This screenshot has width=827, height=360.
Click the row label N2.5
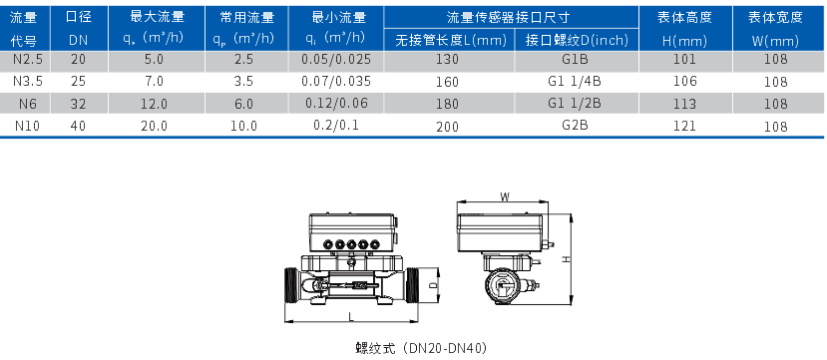[x=24, y=60]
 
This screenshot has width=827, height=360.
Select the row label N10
[x=24, y=126]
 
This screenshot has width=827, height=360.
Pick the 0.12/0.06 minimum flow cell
[x=336, y=104]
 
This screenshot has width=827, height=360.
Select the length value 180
[x=448, y=104]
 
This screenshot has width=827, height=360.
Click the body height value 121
[x=685, y=126]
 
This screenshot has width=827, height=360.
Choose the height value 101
[x=685, y=60]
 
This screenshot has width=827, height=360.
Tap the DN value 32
[x=79, y=104]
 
